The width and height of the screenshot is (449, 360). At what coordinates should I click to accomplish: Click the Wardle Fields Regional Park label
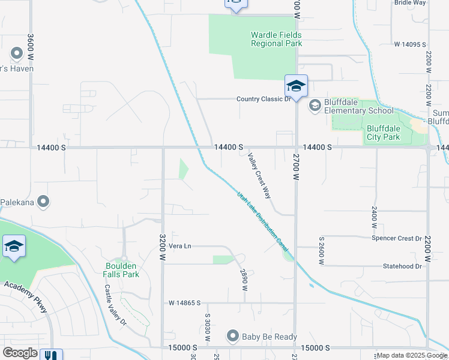tap(276, 39)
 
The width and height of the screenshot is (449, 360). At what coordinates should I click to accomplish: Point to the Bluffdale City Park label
tap(383, 133)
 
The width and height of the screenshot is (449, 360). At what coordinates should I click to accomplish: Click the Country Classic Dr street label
tap(263, 99)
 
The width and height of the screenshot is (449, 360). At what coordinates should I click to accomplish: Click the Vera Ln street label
tap(179, 246)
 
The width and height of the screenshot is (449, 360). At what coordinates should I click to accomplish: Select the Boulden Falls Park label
tap(122, 270)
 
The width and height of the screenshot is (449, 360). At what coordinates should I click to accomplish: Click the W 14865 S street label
tap(184, 304)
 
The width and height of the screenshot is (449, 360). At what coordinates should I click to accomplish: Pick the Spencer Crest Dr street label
tap(397, 238)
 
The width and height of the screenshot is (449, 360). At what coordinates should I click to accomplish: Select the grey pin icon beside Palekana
tap(43, 202)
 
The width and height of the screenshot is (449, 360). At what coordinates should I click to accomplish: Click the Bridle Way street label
tap(410, 3)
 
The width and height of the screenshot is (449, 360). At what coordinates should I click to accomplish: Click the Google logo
tap(20, 353)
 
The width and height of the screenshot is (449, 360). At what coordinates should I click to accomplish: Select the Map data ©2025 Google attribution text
tap(412, 356)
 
